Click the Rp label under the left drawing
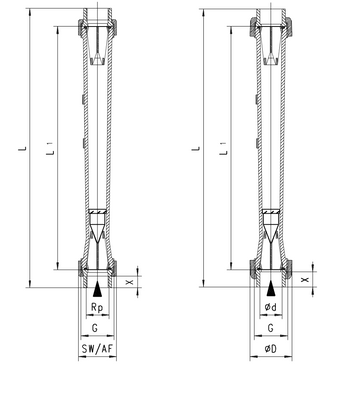(x=97, y=307)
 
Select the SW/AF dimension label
(x=97, y=349)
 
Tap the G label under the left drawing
(x=95, y=328)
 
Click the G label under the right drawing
(x=270, y=328)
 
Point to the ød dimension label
(x=271, y=307)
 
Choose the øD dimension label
(x=271, y=349)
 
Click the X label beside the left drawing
(x=130, y=282)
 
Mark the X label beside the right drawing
(x=304, y=280)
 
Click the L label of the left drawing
(x=22, y=148)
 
